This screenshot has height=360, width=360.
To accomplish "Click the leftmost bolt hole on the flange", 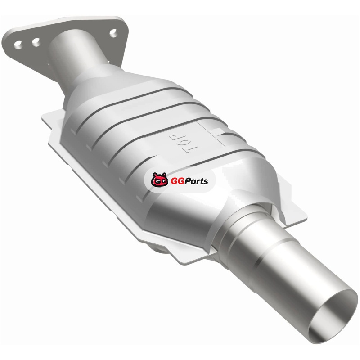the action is (18, 45).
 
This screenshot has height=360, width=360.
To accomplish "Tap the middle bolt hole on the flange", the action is (36, 42).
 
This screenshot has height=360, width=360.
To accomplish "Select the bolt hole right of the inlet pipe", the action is (113, 33).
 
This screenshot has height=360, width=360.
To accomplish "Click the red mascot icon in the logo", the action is (159, 180).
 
